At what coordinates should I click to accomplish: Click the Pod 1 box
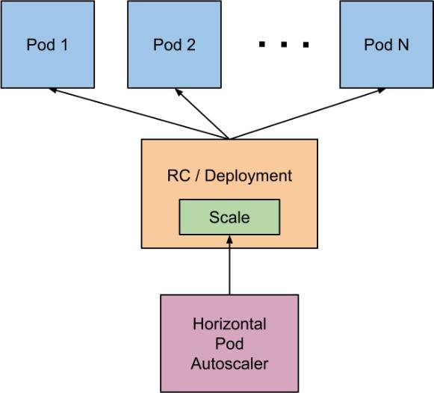click(48, 44)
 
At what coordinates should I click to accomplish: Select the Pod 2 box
click(174, 44)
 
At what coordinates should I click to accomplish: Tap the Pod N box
click(387, 44)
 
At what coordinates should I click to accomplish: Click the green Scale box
click(229, 217)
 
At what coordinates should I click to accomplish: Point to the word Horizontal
click(229, 324)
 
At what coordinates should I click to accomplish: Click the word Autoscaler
click(229, 363)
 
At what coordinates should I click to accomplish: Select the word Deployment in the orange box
click(248, 176)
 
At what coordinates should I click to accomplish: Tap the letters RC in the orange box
click(179, 176)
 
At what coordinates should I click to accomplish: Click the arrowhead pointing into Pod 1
click(52, 90)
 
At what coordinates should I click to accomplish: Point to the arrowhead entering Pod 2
click(179, 92)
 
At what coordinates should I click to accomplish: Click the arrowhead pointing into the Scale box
click(229, 239)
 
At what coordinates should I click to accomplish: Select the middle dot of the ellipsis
click(284, 44)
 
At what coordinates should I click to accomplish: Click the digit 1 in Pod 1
click(65, 45)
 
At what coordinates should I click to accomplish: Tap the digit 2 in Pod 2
click(191, 45)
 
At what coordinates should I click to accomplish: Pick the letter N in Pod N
click(403, 45)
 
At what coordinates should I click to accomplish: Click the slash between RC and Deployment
click(197, 176)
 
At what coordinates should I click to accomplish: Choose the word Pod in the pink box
click(229, 344)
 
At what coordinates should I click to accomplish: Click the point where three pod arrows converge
click(229, 138)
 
